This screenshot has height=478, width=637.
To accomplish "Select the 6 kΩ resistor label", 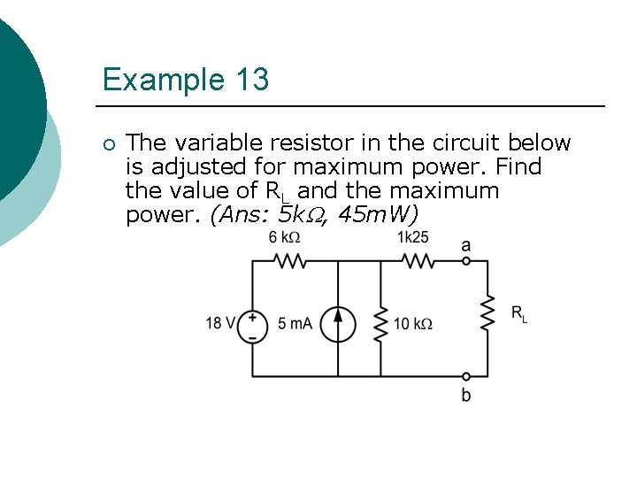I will pyautogui.click(x=286, y=238).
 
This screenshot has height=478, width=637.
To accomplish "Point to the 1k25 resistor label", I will pyautogui.click(x=413, y=237).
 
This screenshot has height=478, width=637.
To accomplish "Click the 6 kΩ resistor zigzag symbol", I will pyautogui.click(x=289, y=261).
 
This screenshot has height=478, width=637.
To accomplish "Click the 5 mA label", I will pyautogui.click(x=295, y=324).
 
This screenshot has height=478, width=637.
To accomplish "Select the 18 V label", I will pyautogui.click(x=219, y=323).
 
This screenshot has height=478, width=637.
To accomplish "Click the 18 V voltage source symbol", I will pyautogui.click(x=252, y=325).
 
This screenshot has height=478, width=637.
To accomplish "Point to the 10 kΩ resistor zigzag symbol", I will pyautogui.click(x=380, y=324).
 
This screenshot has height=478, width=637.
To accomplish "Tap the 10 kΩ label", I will pyautogui.click(x=413, y=324).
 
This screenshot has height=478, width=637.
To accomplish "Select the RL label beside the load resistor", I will pyautogui.click(x=518, y=312).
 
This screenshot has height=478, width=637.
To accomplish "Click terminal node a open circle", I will pyautogui.click(x=466, y=261).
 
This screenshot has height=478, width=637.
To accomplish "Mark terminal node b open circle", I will pyautogui.click(x=466, y=376).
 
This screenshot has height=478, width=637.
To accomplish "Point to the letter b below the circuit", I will pyautogui.click(x=466, y=395).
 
